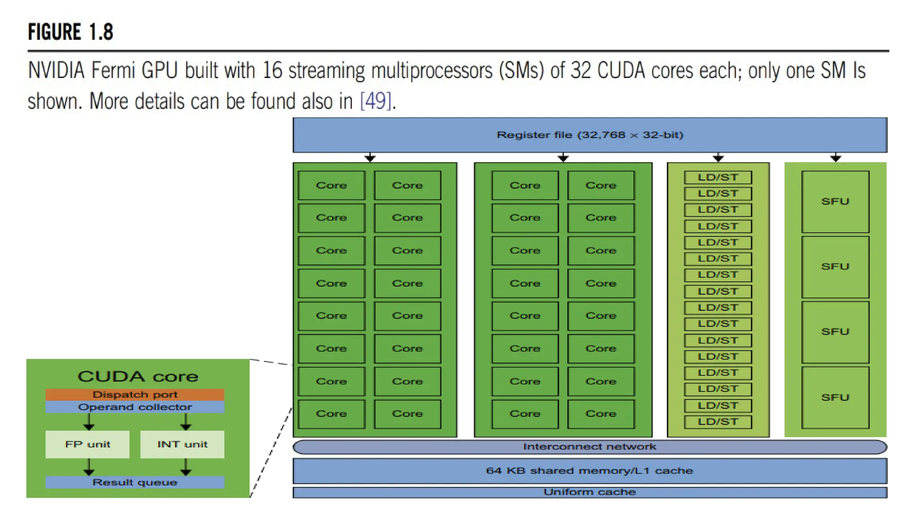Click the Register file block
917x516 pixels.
(x=590, y=135)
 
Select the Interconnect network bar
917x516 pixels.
(x=590, y=447)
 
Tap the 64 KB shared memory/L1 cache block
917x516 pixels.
(x=590, y=471)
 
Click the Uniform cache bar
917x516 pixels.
(x=590, y=492)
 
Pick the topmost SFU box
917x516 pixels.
(x=835, y=202)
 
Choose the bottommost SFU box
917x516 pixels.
(x=835, y=397)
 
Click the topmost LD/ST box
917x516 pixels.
(x=718, y=177)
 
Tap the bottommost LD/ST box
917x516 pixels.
(x=718, y=422)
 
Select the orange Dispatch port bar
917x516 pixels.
(x=135, y=395)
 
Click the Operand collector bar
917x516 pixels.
(x=135, y=407)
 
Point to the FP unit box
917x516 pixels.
(x=87, y=444)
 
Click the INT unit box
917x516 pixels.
(x=182, y=444)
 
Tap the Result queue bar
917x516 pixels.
(x=135, y=482)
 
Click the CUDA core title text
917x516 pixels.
(x=137, y=376)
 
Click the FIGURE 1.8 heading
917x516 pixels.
(x=70, y=32)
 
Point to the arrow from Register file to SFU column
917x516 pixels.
(x=836, y=158)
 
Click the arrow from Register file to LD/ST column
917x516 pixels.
(x=718, y=158)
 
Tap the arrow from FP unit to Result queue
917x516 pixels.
(x=89, y=467)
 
